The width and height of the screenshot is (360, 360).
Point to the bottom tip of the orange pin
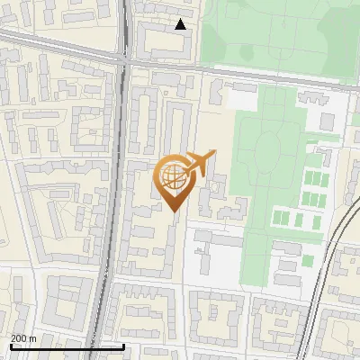pos(175,211)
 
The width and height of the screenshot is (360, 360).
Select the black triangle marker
pos(181,24)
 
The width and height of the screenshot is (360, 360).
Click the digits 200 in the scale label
pos(18,338)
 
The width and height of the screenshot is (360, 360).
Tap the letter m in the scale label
pos(33,338)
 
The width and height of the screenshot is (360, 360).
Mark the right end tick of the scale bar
pos(123,344)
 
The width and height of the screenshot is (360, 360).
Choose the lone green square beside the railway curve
pos(308,261)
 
